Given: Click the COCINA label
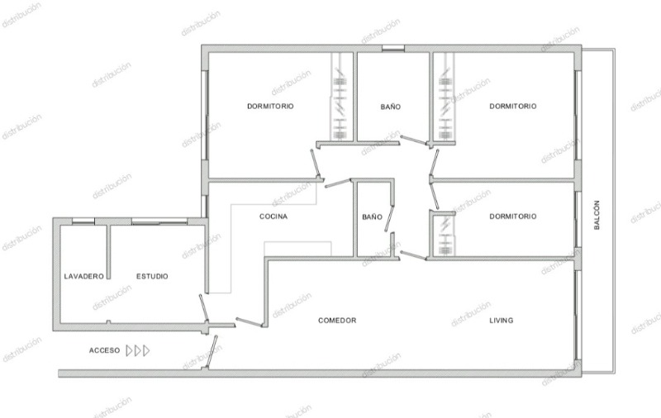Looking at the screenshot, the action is pyautogui.click(x=273, y=216).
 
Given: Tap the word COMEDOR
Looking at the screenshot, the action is pyautogui.click(x=337, y=321).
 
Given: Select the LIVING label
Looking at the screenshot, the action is pyautogui.click(x=502, y=321).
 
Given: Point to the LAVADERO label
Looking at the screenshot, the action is pyautogui.click(x=84, y=277).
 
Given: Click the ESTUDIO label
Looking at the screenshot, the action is pyautogui.click(x=152, y=277).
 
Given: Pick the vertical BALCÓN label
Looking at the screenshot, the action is pyautogui.click(x=597, y=215).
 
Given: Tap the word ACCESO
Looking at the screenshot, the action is pyautogui.click(x=105, y=350).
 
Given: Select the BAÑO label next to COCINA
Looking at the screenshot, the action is pyautogui.click(x=373, y=217).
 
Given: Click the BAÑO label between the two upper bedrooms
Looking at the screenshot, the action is pyautogui.click(x=391, y=107).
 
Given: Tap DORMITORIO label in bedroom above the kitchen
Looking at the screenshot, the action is pyautogui.click(x=270, y=107).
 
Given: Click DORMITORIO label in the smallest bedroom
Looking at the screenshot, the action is pyautogui.click(x=513, y=216).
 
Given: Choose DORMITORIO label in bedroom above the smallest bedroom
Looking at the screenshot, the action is pyautogui.click(x=513, y=107).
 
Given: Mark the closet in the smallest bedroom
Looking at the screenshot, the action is pyautogui.click(x=445, y=235).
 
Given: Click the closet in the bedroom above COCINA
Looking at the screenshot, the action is pyautogui.click(x=340, y=97).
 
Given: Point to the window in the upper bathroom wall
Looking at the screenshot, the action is pyautogui.click(x=393, y=48).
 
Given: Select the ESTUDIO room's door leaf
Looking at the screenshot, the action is pyautogui.click(x=203, y=307).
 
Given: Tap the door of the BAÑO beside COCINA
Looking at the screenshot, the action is pyautogui.click(x=389, y=218).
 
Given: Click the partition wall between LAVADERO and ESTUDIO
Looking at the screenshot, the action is pyautogui.click(x=108, y=252).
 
